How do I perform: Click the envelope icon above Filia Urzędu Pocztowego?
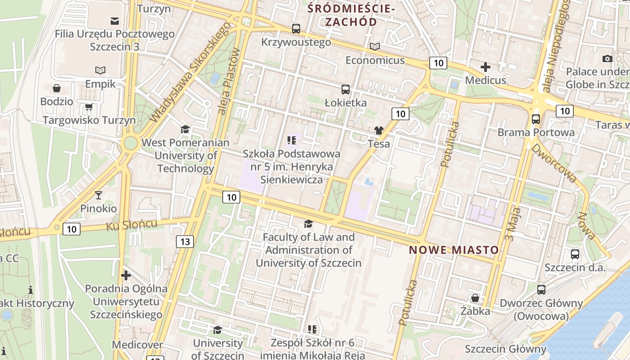pyautogui.click(x=114, y=21)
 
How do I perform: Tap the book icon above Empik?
pyautogui.click(x=100, y=70)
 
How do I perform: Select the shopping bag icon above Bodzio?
pyautogui.click(x=57, y=88)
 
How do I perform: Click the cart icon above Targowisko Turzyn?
pyautogui.click(x=89, y=107)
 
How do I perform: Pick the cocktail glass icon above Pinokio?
pyautogui.click(x=99, y=195)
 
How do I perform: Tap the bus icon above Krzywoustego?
pyautogui.click(x=296, y=29)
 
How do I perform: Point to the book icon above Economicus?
pyautogui.click(x=375, y=46)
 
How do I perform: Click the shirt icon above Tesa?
pyautogui.click(x=378, y=130)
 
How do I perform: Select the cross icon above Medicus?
pyautogui.click(x=486, y=67)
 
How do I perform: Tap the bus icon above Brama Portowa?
pyautogui.click(x=535, y=119)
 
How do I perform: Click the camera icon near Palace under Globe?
pyautogui.click(x=607, y=58)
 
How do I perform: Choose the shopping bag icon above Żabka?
pyautogui.click(x=475, y=297)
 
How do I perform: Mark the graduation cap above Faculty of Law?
pyautogui.click(x=308, y=224)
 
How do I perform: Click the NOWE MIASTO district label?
pyautogui.click(x=454, y=250)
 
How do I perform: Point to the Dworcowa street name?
pyautogui.click(x=554, y=163)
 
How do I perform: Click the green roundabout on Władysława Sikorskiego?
pyautogui.click(x=130, y=144)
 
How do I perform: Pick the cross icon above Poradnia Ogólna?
pyautogui.click(x=126, y=275)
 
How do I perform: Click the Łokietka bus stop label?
pyautogui.click(x=346, y=103)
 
